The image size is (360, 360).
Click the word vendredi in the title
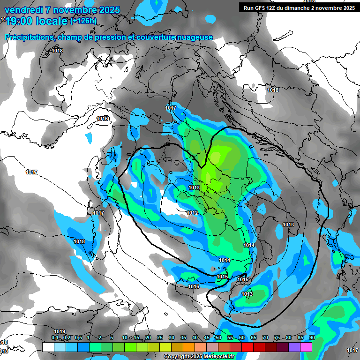pos(23,10)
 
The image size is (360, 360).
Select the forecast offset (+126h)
pos(83,21)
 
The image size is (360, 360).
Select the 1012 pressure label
pos(192,213)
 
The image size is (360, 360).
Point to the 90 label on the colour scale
pos(312,337)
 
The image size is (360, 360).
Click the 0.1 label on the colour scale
pos(54,337)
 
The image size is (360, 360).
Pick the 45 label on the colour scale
pos(207,337)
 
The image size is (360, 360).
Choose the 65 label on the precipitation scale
pos(254,337)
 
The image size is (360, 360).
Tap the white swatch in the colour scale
pos(48,347)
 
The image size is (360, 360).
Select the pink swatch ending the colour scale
pos(306,347)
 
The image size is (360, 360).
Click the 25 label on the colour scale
pos(160,337)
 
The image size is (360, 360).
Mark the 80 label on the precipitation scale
pos(289,337)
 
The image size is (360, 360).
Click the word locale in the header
pos(52,21)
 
